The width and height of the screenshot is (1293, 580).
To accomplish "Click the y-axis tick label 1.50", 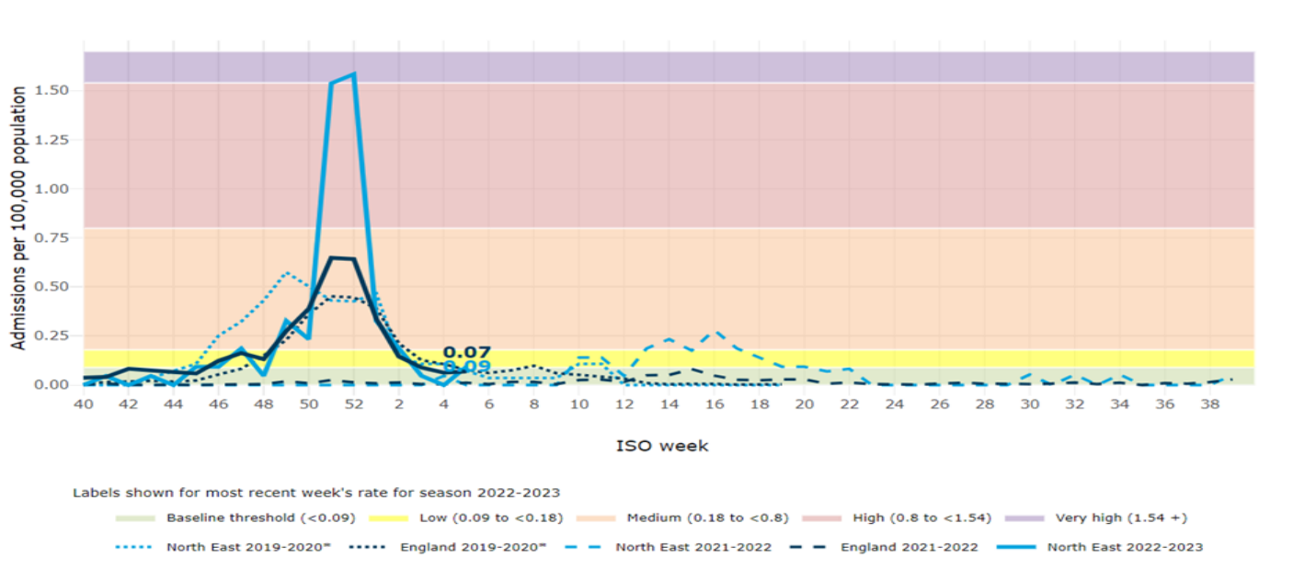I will point(53,90).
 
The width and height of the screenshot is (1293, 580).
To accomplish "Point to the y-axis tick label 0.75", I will point(53,238).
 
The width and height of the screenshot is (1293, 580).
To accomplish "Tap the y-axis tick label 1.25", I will point(53,140).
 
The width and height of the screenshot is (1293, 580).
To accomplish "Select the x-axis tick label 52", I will point(354,404).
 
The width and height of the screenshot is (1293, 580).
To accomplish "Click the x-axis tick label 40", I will point(84,404).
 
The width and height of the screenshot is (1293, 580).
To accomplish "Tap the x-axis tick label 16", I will point(715,404).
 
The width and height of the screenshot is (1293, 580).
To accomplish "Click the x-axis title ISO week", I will point(662,446).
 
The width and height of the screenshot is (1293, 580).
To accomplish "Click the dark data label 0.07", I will point(466,352).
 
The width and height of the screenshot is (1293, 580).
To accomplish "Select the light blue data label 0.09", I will point(466,367).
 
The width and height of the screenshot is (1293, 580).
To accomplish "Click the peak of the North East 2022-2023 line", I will point(354,74).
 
